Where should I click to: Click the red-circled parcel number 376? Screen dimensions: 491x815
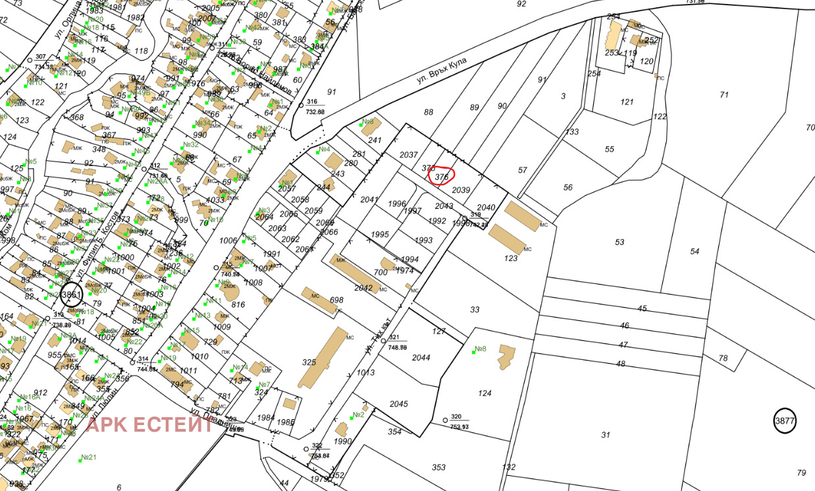point(442,176)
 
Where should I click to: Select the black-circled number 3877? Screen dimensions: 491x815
point(785,420)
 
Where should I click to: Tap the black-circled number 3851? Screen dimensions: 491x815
point(71,295)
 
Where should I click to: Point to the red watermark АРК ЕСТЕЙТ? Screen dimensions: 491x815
point(150,425)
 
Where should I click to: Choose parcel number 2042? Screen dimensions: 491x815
point(363,288)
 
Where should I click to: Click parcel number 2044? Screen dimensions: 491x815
point(421,358)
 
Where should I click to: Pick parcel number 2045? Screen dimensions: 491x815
point(398,404)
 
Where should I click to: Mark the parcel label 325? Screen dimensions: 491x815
point(309,362)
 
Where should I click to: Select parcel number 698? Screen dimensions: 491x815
point(336,300)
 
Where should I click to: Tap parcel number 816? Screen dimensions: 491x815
point(238,304)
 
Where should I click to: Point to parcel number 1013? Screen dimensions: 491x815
point(365,372)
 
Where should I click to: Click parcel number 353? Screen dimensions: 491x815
point(438,467)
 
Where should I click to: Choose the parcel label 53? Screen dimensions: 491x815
point(619,242)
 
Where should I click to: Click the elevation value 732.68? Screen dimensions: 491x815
point(315,112)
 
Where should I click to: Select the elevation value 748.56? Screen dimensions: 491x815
point(398,347)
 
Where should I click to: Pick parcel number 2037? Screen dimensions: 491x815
point(409,154)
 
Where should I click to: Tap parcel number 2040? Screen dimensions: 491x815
point(486,208)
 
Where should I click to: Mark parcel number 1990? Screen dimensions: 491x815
point(343,441)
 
